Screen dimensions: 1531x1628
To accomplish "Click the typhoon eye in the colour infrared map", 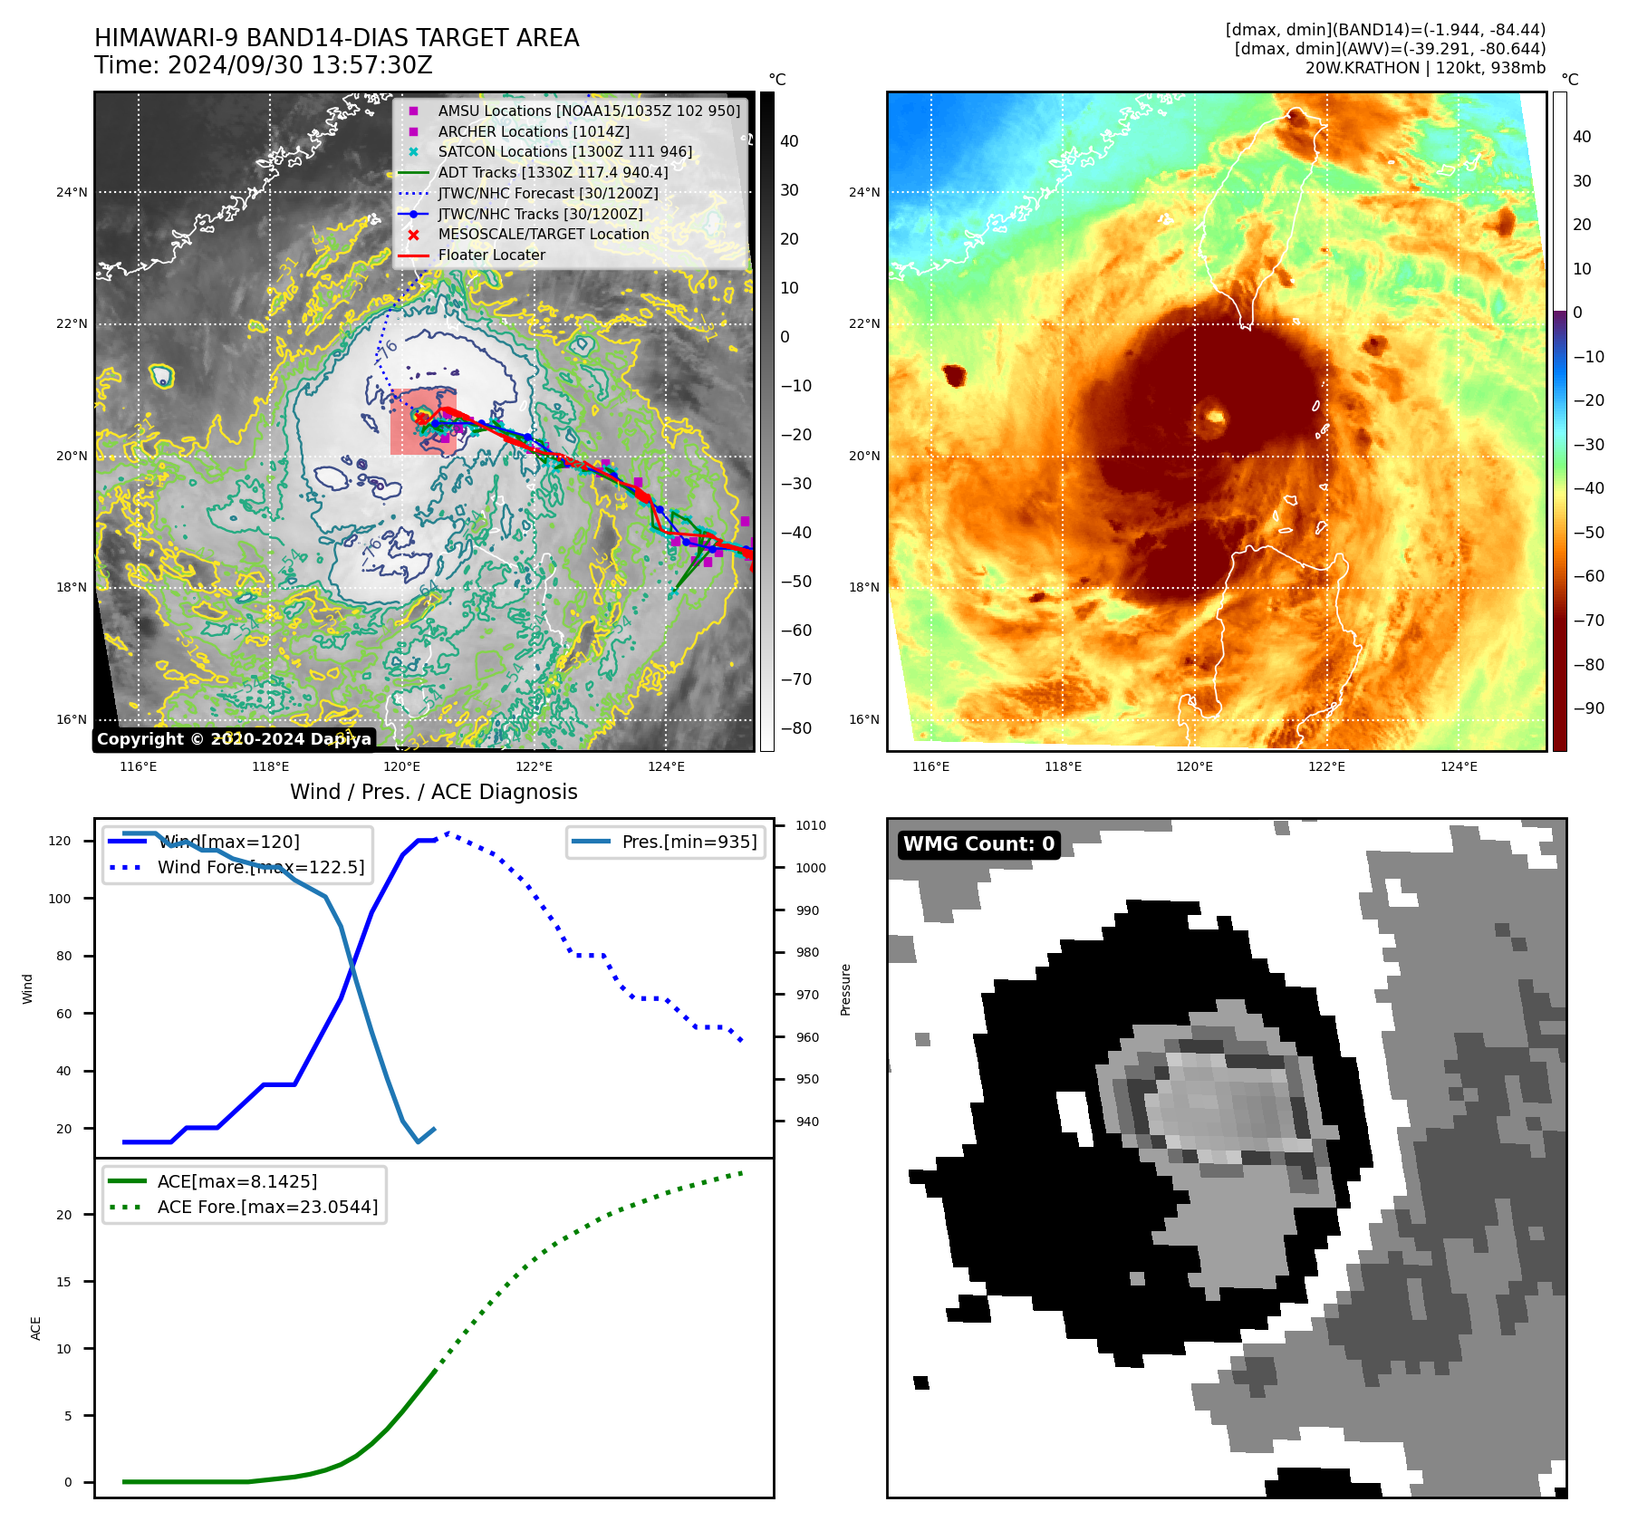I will (x=1215, y=418).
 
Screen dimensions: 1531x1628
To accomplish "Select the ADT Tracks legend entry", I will (x=553, y=172).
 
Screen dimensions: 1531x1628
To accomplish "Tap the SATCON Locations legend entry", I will (x=564, y=151).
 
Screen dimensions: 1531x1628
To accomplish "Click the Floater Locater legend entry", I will (x=491, y=255).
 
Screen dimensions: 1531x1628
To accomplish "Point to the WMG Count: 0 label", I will (x=978, y=843).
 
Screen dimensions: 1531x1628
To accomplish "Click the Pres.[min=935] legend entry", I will (x=689, y=842).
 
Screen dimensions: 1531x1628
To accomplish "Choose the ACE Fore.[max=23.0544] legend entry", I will (x=267, y=1207).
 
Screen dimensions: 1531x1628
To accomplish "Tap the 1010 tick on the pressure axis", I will (x=811, y=825).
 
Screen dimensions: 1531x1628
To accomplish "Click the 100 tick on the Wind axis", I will (x=59, y=899).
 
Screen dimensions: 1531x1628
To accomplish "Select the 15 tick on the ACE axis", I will (x=63, y=1282).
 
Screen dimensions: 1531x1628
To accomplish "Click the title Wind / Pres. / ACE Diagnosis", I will (x=433, y=792).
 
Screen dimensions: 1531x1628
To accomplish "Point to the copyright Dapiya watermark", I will (x=234, y=739).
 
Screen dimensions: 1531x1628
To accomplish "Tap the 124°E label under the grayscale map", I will (x=666, y=766).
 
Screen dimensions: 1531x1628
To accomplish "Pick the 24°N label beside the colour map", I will (x=863, y=192).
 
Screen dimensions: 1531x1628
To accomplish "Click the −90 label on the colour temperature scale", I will (x=1588, y=708).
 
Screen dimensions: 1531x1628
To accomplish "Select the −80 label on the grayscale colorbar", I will (x=796, y=728).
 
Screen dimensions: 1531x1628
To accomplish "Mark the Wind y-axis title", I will (x=28, y=988).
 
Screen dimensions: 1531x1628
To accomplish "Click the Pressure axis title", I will (x=845, y=989).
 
